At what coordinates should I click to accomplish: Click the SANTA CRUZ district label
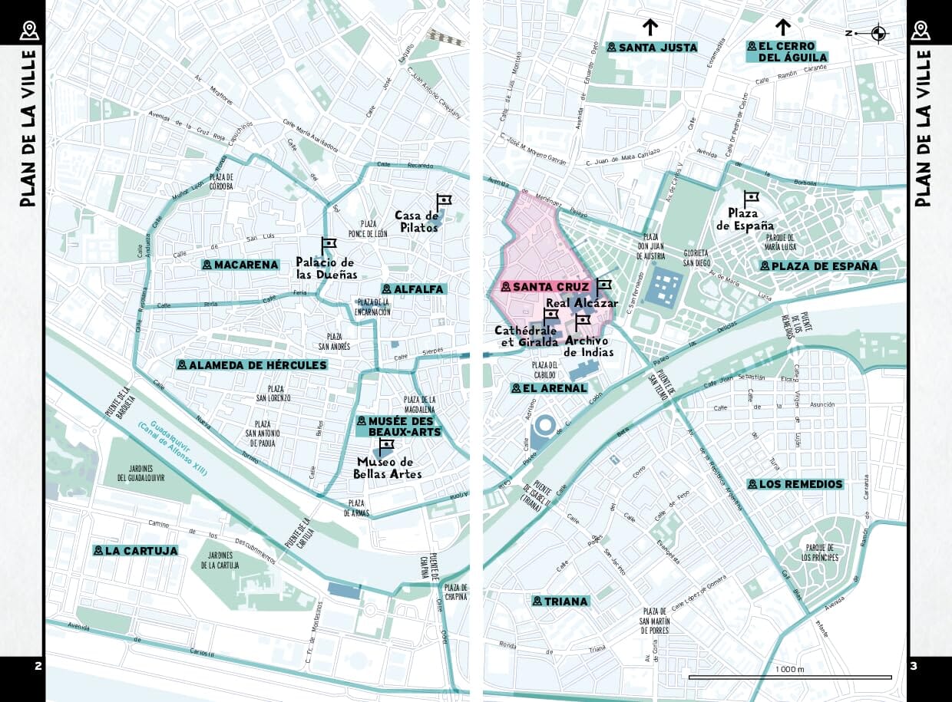(545, 287)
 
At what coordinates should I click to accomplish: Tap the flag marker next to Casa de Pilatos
(443, 203)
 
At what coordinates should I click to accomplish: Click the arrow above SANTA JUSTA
(650, 28)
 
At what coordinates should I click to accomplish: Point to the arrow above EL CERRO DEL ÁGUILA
(783, 28)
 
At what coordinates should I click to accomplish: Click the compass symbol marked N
(878, 33)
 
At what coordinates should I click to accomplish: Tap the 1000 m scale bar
(789, 677)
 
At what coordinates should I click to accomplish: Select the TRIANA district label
(560, 601)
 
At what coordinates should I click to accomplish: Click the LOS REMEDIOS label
(795, 484)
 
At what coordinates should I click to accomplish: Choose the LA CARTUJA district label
(136, 551)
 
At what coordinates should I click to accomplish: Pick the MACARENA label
(240, 265)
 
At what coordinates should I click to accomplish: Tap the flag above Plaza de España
(750, 198)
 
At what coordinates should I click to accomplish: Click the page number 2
(38, 666)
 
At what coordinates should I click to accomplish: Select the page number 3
(914, 666)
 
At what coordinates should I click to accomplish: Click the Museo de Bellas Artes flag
(385, 446)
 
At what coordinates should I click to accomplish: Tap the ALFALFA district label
(413, 289)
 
